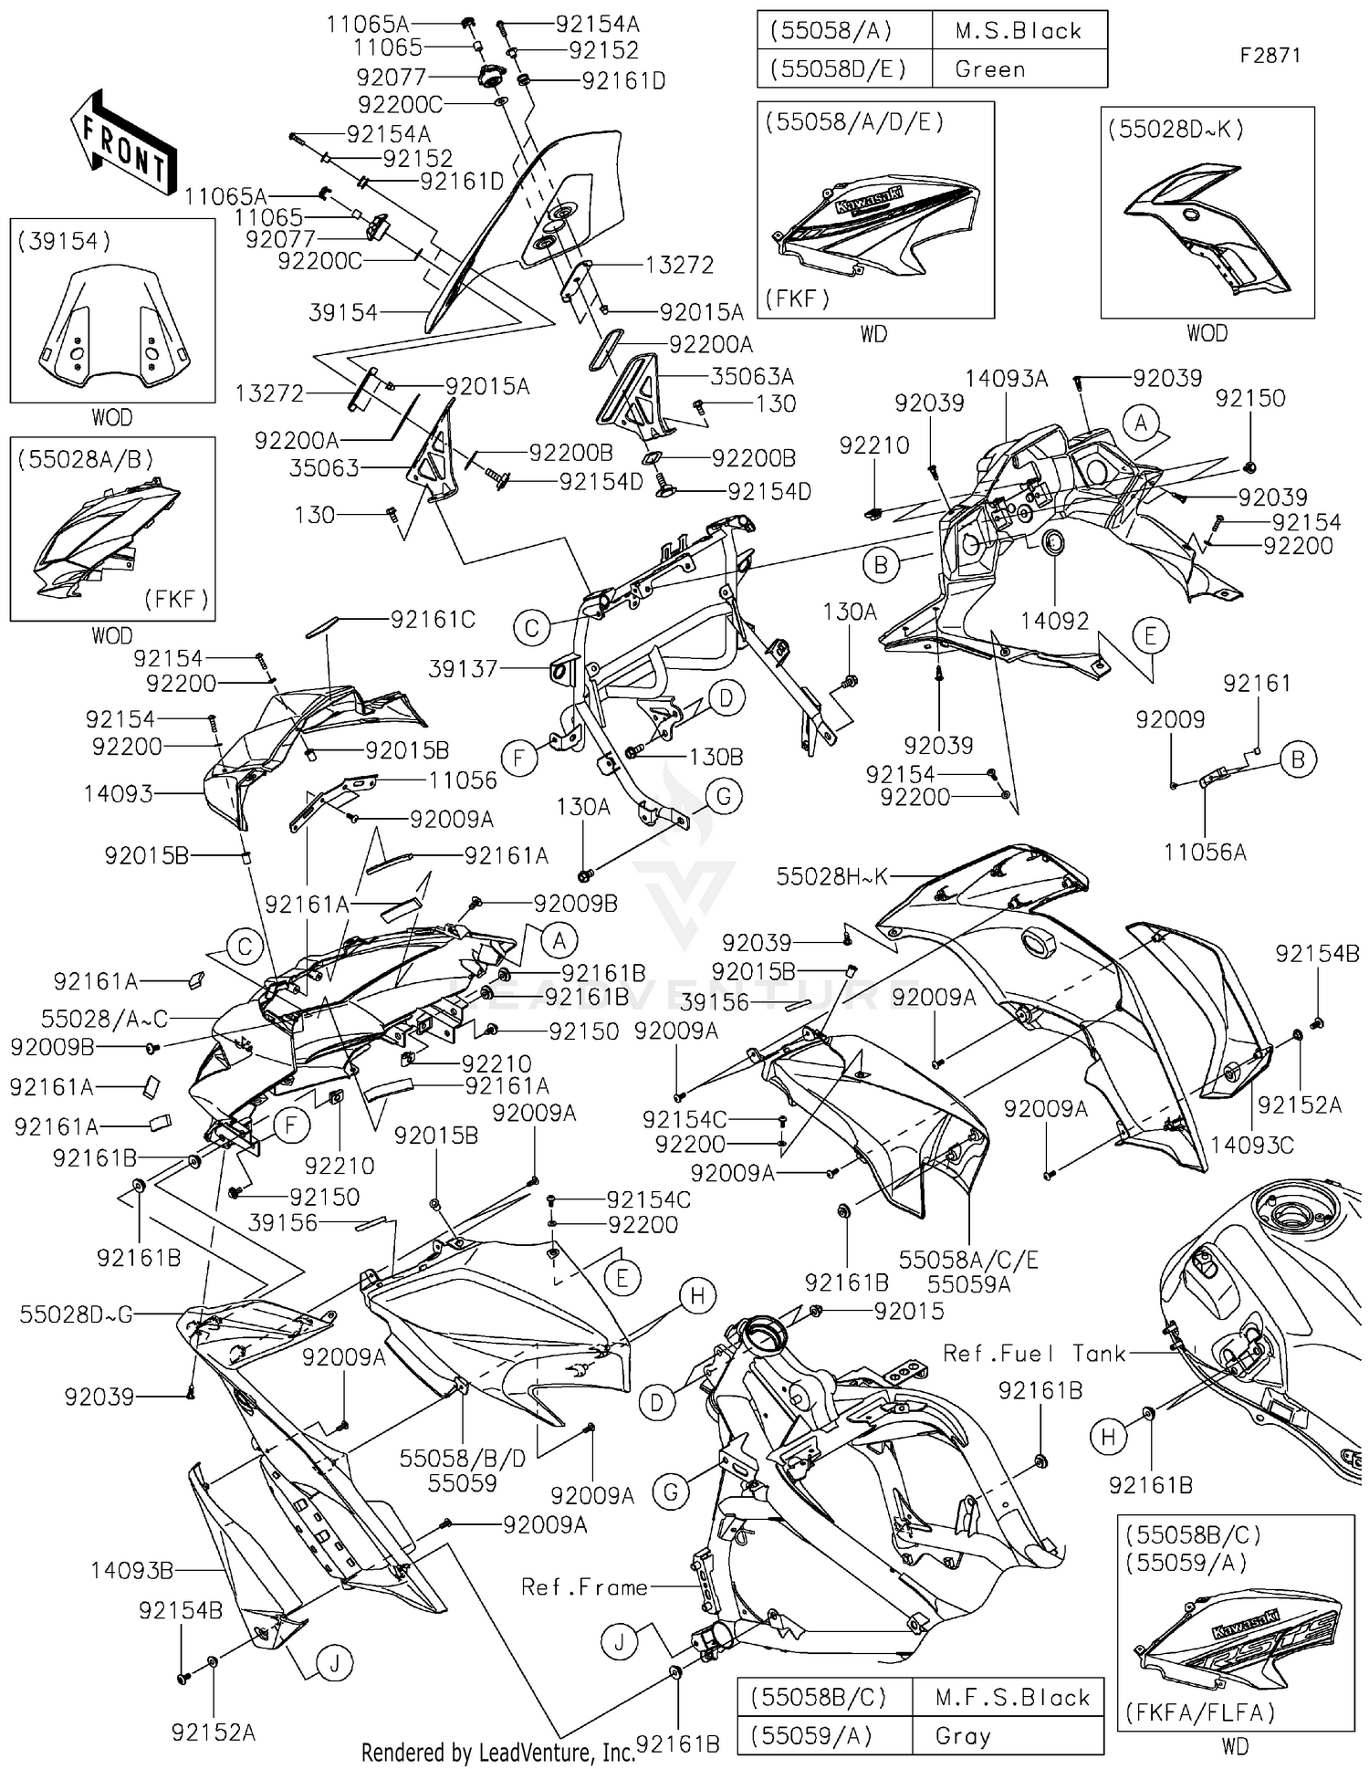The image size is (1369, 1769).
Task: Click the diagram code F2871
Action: point(1270,55)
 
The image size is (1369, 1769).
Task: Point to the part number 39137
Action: point(464,669)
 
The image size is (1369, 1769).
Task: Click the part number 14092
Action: point(1054,621)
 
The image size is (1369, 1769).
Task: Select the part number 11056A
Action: point(1205,852)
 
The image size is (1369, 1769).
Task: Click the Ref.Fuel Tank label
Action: point(1034,1353)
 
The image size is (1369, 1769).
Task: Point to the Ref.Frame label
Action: point(584,1587)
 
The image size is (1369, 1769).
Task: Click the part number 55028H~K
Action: point(831,877)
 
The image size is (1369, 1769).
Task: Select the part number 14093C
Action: point(1251,1145)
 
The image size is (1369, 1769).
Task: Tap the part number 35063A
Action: point(752,376)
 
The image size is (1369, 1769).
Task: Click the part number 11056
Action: point(463,780)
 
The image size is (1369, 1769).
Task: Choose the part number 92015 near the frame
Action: point(908,1312)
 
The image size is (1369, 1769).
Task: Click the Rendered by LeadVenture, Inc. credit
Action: point(497,1753)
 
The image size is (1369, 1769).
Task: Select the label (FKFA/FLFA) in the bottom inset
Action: point(1200,1712)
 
